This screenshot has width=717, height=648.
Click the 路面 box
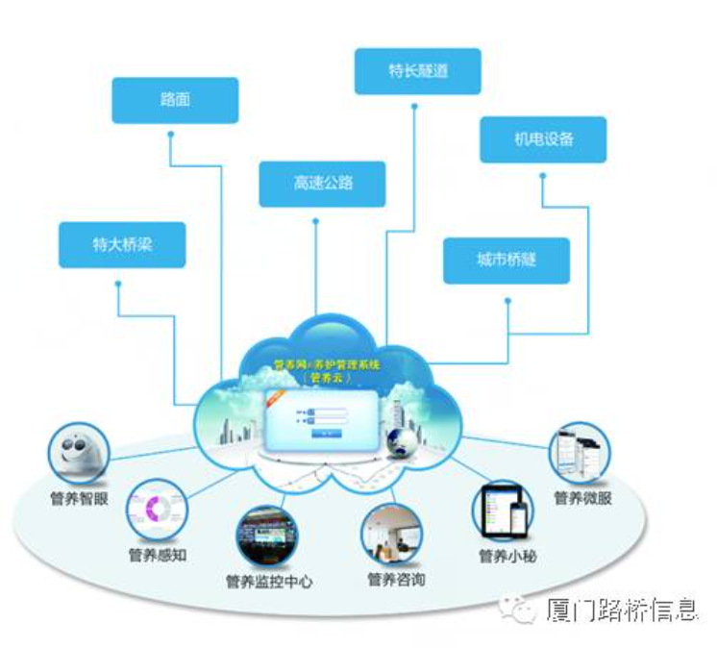175,99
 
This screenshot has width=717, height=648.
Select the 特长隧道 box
417,71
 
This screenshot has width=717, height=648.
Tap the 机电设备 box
543,139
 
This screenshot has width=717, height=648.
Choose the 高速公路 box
322,183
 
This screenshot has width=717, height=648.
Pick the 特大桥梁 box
122,244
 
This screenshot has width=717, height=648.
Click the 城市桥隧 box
506,261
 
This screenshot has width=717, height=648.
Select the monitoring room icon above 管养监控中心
267,536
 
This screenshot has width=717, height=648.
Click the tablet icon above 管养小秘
504,511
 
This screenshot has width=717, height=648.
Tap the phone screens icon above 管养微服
580,456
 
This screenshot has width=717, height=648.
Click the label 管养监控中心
268,582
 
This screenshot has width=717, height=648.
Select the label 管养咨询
395,579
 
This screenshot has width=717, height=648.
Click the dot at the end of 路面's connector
169,135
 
